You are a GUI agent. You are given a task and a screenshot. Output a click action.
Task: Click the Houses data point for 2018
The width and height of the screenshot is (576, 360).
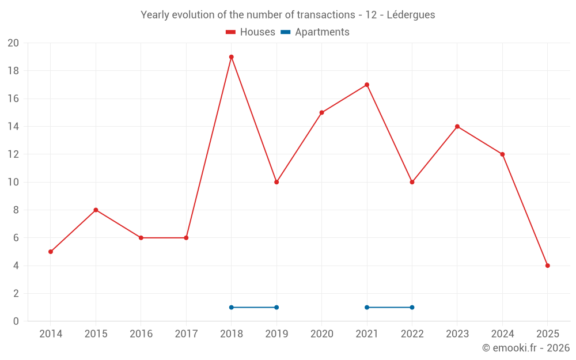[x=231, y=57]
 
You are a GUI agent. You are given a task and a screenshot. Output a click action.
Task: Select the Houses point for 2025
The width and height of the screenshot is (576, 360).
[x=547, y=266]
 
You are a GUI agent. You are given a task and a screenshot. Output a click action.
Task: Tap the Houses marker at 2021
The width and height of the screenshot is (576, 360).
[x=367, y=85]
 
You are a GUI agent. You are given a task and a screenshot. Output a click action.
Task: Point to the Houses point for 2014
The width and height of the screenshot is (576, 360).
[x=51, y=252]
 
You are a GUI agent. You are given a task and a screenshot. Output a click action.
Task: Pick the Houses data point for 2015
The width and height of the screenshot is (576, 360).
[x=96, y=210]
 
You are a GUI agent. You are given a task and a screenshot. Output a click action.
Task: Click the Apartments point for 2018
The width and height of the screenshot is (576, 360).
[x=231, y=307]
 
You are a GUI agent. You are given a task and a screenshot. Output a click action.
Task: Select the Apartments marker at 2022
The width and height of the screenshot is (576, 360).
[x=412, y=307]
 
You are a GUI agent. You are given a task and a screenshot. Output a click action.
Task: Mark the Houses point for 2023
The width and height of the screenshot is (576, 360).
[x=457, y=126]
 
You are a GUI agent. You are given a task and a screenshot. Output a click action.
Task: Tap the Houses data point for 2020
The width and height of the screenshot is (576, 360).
[x=321, y=112]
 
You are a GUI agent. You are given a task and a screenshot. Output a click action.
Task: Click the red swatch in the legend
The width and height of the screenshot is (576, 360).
[x=230, y=32]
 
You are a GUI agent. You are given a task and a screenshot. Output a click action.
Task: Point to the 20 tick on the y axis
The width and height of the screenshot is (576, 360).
[x=13, y=43]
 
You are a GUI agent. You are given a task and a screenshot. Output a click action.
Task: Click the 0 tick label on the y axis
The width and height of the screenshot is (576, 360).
[x=16, y=321]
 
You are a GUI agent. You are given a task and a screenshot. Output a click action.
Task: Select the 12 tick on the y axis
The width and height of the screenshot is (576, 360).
[x=13, y=154]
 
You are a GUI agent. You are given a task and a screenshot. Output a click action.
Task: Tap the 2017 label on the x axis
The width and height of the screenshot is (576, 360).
[x=186, y=334]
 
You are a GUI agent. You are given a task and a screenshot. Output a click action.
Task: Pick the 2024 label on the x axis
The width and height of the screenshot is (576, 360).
[x=502, y=334]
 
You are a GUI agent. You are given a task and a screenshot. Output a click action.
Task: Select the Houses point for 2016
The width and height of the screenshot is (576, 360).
[x=141, y=238]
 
